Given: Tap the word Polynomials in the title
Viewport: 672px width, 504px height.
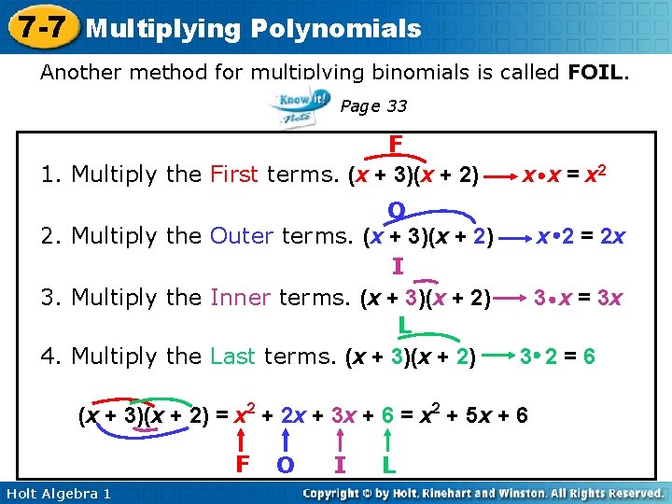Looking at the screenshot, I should (336, 28).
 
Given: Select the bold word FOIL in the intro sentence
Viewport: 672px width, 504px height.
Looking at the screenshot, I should (597, 72).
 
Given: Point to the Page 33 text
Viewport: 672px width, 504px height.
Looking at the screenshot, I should (373, 106).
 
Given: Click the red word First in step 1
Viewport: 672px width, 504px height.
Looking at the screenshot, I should (234, 175).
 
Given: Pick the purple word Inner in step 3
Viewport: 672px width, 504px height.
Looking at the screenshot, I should (241, 298).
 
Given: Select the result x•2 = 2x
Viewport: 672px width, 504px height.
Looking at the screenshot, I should (580, 236).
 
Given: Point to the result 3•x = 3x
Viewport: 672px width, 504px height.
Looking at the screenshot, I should (578, 298).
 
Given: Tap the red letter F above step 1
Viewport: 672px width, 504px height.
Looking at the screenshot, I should (396, 145).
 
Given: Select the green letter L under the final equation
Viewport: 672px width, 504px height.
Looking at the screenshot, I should (386, 463).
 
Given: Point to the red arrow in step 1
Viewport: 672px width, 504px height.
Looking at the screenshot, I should (503, 175).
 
